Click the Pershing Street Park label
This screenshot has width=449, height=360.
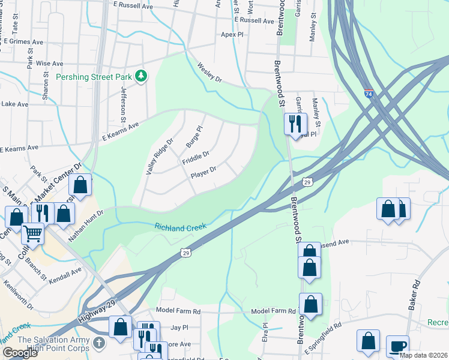click(94, 76)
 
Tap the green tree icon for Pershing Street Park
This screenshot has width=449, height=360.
click(141, 76)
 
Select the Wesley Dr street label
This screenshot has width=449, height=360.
click(209, 74)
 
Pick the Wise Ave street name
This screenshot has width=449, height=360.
click(50, 63)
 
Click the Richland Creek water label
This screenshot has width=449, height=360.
click(180, 227)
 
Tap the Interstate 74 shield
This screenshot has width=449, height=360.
click(369, 95)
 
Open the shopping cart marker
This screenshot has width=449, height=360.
click(32, 233)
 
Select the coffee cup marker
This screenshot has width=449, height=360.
click(397, 346)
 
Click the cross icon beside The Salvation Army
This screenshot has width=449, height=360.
click(99, 344)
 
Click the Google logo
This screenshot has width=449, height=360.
click(20, 353)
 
